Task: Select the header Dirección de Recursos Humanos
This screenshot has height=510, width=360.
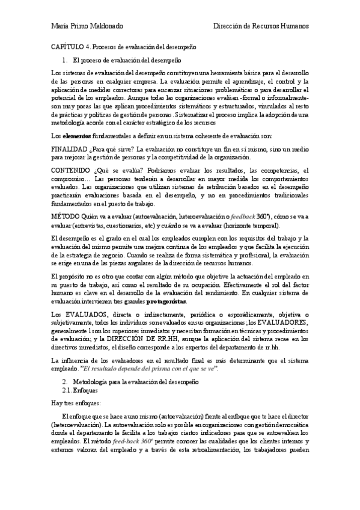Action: click(x=263, y=27)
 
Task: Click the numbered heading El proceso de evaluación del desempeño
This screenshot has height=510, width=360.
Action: click(x=125, y=60)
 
